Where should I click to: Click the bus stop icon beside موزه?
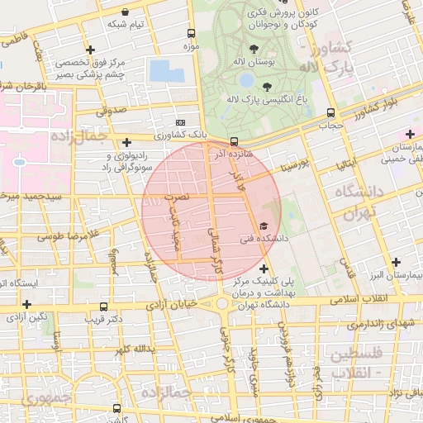click(x=192, y=34)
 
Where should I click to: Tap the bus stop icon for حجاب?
click(x=331, y=113)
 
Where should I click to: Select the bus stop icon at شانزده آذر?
click(x=234, y=141)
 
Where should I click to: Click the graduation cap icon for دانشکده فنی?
click(x=264, y=226)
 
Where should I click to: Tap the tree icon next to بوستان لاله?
click(x=252, y=48)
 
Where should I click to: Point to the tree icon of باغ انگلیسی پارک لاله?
click(x=266, y=86)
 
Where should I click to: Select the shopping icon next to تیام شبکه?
click(x=125, y=12)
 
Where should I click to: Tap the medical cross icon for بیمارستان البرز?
click(x=396, y=262)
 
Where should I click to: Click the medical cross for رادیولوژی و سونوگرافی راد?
click(x=126, y=142)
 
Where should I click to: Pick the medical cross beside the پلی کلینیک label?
click(x=264, y=269)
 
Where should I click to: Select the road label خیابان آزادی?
click(x=188, y=307)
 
